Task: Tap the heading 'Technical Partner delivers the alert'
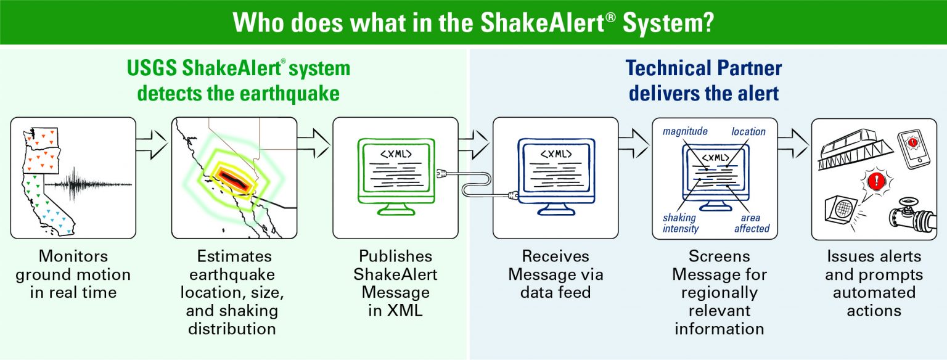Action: pos(703,81)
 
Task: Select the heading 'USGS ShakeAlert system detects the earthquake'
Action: pos(239,81)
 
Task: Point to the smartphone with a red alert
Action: pos(912,148)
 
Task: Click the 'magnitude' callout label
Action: pos(685,131)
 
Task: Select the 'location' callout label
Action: pos(748,131)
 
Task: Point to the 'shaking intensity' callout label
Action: pos(681,223)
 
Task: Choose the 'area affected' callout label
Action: pos(751,223)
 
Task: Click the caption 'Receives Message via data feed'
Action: pos(555,274)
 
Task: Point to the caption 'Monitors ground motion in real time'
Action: pos(73,274)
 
